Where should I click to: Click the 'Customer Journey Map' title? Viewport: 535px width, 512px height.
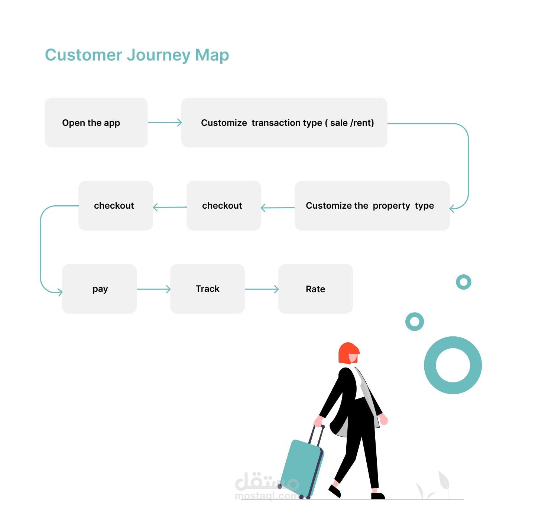pyautogui.click(x=137, y=55)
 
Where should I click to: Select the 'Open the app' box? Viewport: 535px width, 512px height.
pyautogui.click(x=96, y=123)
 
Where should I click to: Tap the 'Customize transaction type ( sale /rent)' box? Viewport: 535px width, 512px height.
pyautogui.click(x=284, y=123)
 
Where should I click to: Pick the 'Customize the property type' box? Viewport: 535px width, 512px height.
pyautogui.click(x=372, y=206)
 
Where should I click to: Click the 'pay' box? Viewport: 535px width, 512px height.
pyautogui.click(x=99, y=289)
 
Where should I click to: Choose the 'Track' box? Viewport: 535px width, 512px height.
pyautogui.click(x=207, y=289)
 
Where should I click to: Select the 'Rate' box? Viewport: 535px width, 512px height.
pyautogui.click(x=315, y=289)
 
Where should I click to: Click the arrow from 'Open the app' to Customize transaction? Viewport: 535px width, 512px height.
pyautogui.click(x=165, y=123)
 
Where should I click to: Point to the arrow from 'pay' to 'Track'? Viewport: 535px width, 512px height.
pyautogui.click(x=153, y=289)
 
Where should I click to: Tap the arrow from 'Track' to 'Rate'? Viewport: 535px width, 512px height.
pyautogui.click(x=262, y=289)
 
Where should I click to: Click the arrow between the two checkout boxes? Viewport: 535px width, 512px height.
pyautogui.click(x=170, y=207)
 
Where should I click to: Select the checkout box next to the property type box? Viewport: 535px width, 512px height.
pyautogui.click(x=224, y=206)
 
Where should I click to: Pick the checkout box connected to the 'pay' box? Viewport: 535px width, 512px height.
pyautogui.click(x=116, y=206)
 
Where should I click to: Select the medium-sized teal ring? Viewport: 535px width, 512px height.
pyautogui.click(x=414, y=315)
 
